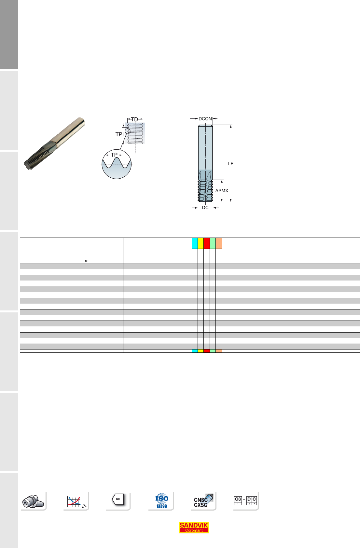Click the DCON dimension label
click(205, 119)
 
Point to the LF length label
click(230, 164)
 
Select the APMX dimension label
click(222, 191)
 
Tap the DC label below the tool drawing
click(205, 208)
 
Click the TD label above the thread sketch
click(134, 119)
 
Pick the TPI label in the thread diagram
click(119, 134)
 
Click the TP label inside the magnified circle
click(114, 155)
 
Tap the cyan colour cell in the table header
click(195, 243)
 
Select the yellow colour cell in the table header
click(201, 243)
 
